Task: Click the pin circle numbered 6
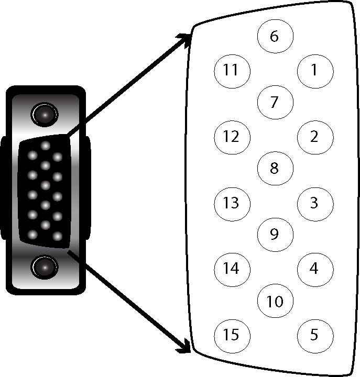[x=274, y=36]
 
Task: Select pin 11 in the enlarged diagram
[x=231, y=70]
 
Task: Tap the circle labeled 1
[x=314, y=70]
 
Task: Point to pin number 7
[x=274, y=102]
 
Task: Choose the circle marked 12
[x=231, y=137]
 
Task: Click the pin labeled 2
[x=314, y=137]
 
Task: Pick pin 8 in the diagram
[x=274, y=168]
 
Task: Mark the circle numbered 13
[x=231, y=203]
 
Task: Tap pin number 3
[x=314, y=203]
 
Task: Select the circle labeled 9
[x=274, y=234]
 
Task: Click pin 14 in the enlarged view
[x=231, y=269]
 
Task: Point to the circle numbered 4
[x=314, y=269]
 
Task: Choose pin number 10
[x=275, y=302]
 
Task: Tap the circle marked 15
[x=231, y=335]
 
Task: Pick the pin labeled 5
[x=314, y=335]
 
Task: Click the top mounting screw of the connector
[x=45, y=114]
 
